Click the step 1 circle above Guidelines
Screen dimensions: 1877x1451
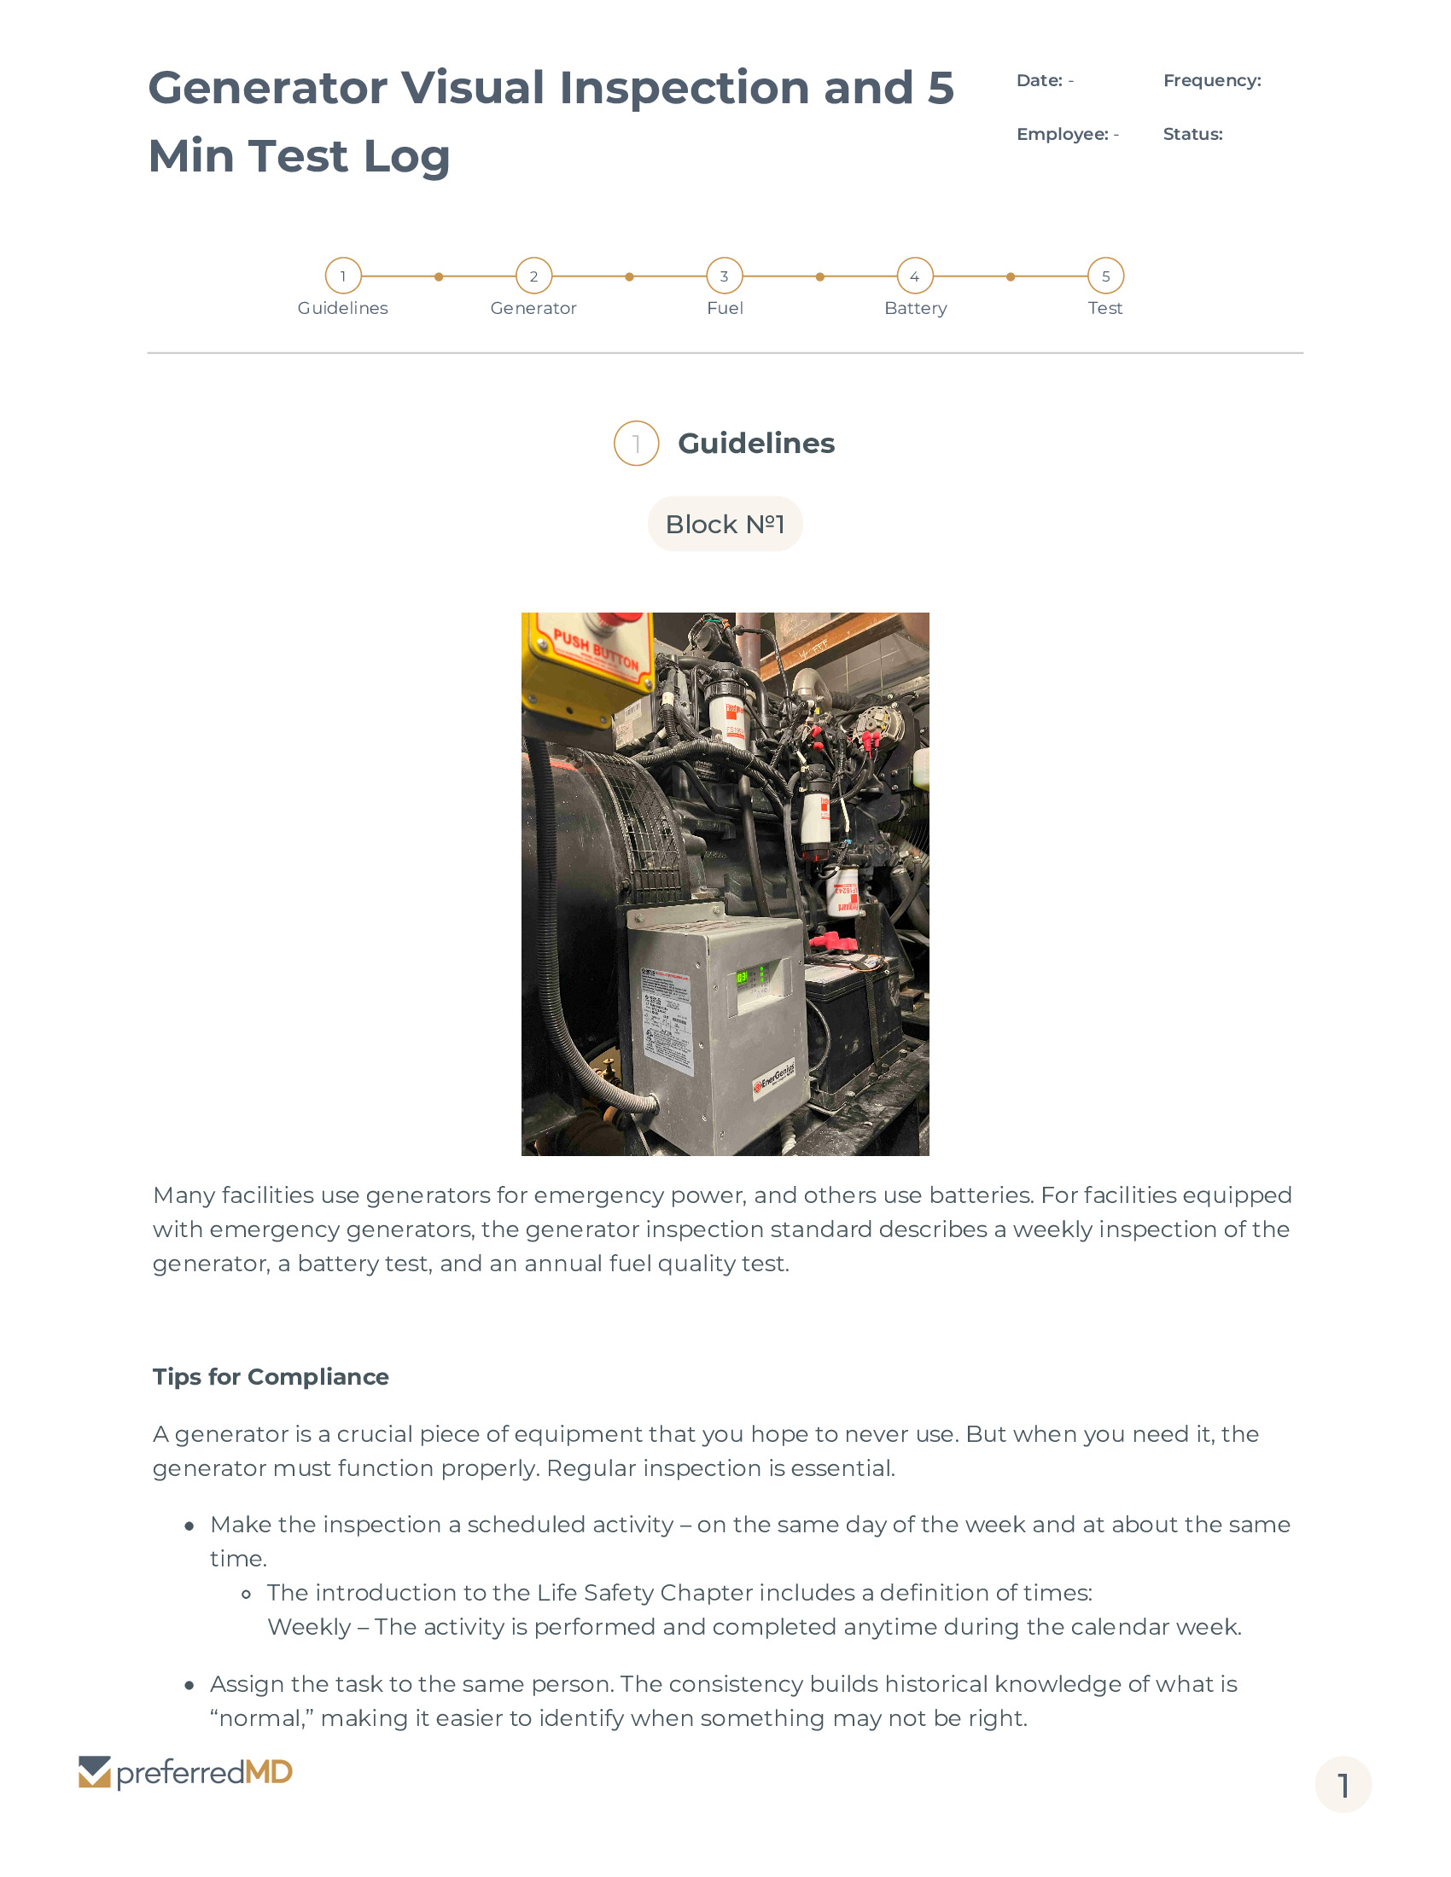tap(343, 276)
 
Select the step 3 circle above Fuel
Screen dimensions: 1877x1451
tap(724, 276)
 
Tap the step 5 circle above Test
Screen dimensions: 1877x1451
tap(1105, 276)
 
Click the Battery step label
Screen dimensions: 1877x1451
tap(916, 309)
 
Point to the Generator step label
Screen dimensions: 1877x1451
tap(533, 309)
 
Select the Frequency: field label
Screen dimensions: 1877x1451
tap(1212, 81)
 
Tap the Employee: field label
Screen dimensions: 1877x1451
tap(1063, 134)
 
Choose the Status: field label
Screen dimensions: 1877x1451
tap(1192, 134)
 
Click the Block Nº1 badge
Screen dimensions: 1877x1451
tap(725, 523)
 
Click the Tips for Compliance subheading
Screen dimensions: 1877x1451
tap(271, 1377)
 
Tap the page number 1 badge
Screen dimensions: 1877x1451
tap(1343, 1785)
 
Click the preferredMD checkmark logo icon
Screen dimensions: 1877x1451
tap(95, 1772)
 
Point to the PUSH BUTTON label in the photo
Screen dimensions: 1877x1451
tap(596, 650)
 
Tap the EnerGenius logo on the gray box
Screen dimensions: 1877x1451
tap(775, 1078)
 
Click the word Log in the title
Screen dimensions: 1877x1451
tap(407, 156)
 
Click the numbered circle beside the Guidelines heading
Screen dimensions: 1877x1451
tap(636, 444)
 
